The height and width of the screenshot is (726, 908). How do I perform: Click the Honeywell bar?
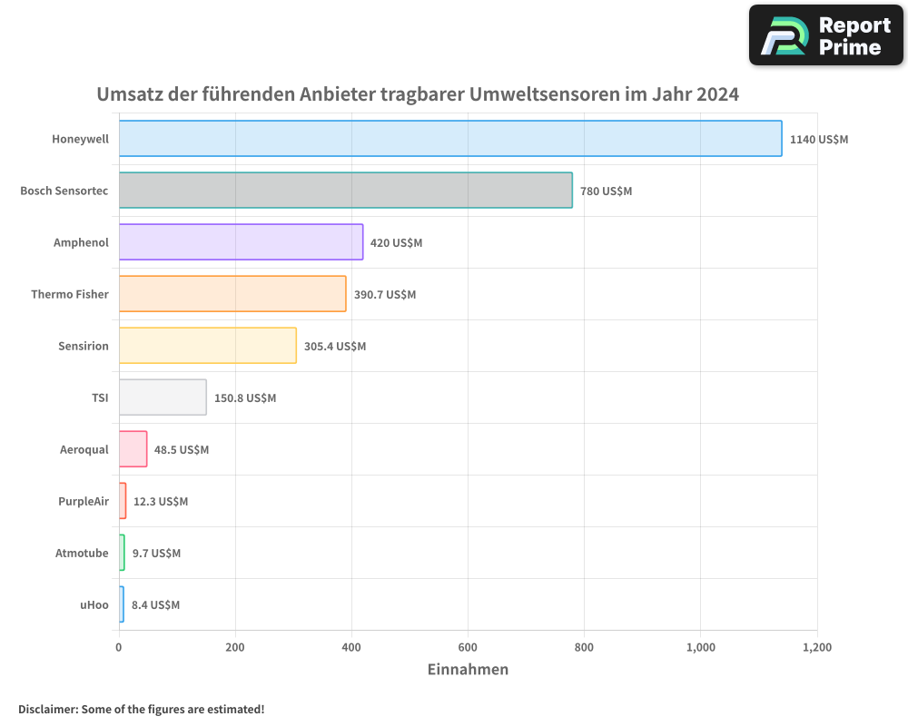tap(450, 139)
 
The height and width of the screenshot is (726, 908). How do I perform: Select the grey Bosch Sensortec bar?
tap(345, 191)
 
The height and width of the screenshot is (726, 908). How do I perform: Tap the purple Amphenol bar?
tap(241, 242)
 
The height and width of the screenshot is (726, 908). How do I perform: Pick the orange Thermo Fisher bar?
tap(232, 294)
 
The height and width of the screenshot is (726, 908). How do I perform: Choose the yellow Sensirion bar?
tap(207, 346)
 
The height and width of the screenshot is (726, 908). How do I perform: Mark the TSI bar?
tap(163, 397)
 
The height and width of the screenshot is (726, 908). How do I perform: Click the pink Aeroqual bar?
tap(133, 449)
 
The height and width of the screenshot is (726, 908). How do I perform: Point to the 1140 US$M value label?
tap(819, 140)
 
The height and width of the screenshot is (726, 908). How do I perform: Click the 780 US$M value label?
tap(606, 191)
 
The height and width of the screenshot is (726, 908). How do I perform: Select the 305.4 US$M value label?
tap(335, 347)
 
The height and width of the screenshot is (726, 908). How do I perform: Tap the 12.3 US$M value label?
tap(161, 502)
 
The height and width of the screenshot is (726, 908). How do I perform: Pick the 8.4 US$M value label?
tap(155, 605)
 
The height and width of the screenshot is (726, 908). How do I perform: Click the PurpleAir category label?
tap(84, 501)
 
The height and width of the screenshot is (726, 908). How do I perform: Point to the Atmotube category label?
tap(82, 553)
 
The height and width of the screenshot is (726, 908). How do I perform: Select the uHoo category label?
tap(94, 604)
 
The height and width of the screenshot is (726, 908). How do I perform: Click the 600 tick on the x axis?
tap(468, 647)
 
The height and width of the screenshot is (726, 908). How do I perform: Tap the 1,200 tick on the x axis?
tap(816, 647)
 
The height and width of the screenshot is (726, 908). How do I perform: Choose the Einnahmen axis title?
tap(468, 670)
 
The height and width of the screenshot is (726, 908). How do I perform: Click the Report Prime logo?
tap(825, 35)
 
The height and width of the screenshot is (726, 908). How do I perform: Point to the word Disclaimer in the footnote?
tap(47, 709)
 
